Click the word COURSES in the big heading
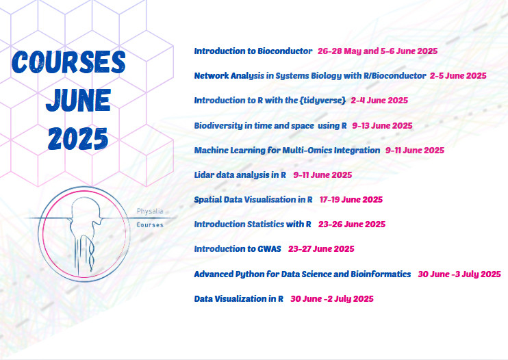[68, 62]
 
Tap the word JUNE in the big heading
[79, 100]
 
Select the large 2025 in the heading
[78, 138]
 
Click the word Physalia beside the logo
[150, 211]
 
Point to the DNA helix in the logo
[92, 254]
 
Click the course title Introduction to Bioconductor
[253, 51]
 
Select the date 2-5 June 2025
[458, 76]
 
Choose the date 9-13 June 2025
[382, 126]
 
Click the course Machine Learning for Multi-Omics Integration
[287, 151]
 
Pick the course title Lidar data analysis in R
[240, 175]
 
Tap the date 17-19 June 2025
[351, 200]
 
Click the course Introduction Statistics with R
[253, 224]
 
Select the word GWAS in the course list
[269, 249]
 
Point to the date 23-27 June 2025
[321, 249]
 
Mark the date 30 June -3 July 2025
[459, 274]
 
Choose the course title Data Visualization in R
[239, 299]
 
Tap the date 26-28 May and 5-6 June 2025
[377, 51]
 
